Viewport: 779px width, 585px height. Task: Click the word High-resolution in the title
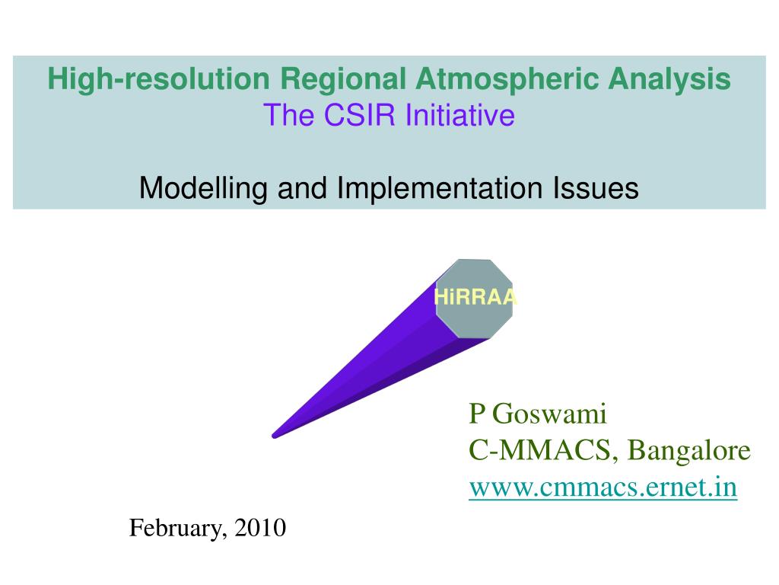click(158, 78)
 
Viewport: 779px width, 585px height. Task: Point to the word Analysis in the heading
click(669, 79)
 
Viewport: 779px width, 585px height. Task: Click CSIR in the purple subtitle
click(359, 115)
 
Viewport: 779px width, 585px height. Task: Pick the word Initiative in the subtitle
click(459, 115)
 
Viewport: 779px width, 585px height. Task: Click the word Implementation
click(440, 189)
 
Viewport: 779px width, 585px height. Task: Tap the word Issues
click(596, 188)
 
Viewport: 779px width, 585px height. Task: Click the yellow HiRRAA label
click(475, 297)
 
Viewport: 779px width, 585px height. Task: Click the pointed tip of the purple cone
click(274, 436)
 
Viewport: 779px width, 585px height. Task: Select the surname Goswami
click(549, 414)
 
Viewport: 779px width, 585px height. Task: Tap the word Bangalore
click(689, 451)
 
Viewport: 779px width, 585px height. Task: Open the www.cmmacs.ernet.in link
click(603, 487)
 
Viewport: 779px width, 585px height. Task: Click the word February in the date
click(176, 529)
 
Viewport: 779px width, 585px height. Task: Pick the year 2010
click(260, 527)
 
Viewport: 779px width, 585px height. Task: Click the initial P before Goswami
click(476, 414)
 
